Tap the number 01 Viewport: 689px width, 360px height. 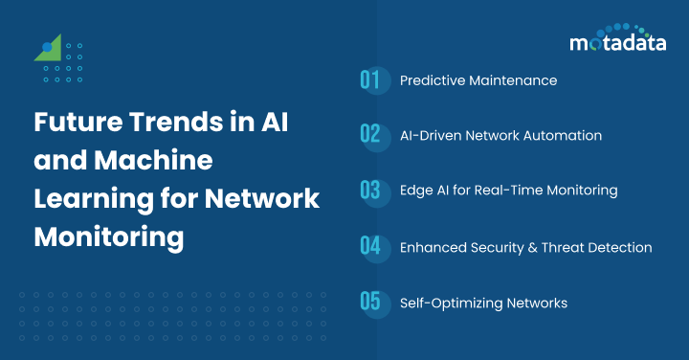click(370, 80)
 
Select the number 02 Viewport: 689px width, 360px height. click(370, 135)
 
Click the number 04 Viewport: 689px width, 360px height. click(370, 246)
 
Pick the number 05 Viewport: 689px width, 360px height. click(370, 303)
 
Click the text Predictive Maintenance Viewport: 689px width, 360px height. click(478, 80)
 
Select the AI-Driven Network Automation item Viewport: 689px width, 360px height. click(500, 135)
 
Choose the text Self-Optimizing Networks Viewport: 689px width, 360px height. click(483, 303)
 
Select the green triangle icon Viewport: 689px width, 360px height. click(48, 49)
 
